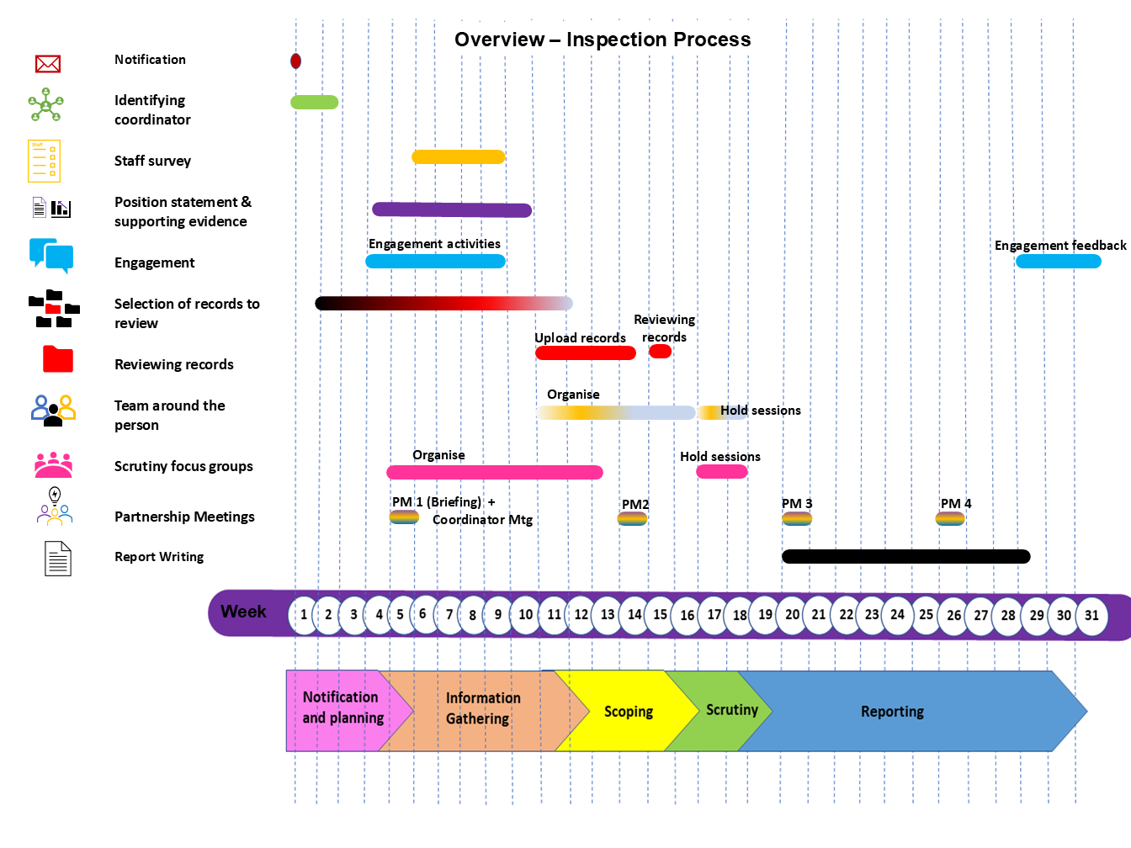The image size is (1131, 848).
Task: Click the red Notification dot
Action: point(296,61)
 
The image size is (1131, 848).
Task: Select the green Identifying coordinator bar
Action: point(314,102)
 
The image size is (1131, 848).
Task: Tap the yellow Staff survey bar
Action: point(458,156)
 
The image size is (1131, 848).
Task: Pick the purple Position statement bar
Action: point(452,209)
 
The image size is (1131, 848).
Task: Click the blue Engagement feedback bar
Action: point(1058,262)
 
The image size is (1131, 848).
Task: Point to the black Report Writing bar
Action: point(905,556)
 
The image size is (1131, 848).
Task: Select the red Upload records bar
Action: point(585,352)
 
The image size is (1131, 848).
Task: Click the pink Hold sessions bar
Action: point(721,471)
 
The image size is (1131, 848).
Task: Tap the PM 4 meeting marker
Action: point(950,518)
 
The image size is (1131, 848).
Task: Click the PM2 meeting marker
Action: point(632,519)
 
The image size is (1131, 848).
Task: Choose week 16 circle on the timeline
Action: point(688,615)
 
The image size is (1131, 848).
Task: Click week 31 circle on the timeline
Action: point(1091,615)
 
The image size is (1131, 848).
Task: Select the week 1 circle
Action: point(304,615)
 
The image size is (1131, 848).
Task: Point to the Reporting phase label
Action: point(892,712)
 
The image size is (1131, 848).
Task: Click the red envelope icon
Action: point(48,64)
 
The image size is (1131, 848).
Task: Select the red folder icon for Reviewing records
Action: point(58,359)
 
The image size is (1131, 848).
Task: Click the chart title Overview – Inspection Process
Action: point(603,40)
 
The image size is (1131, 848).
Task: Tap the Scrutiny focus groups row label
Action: point(183,466)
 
